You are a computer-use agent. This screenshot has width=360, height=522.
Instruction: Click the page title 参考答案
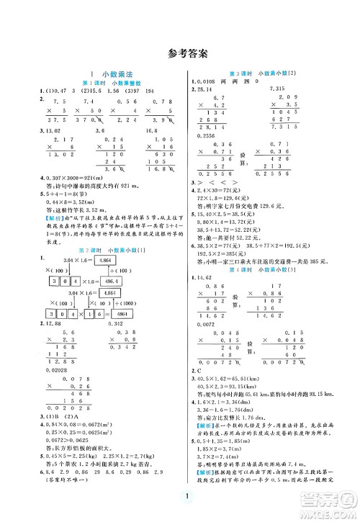pos(180,53)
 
